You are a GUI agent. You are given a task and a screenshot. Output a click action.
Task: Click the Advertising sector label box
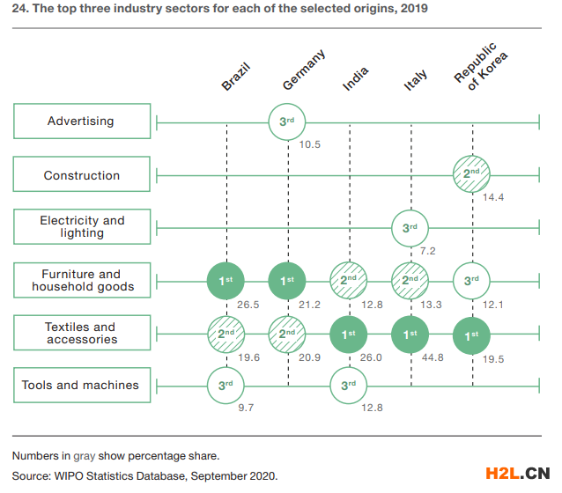[x=81, y=121]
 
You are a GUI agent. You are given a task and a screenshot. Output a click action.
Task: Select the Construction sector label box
[x=81, y=175]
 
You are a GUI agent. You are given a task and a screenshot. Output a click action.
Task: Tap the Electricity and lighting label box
[x=81, y=226]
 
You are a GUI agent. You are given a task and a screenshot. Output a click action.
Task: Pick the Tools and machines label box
[x=81, y=385]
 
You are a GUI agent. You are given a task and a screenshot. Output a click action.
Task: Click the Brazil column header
[x=235, y=77]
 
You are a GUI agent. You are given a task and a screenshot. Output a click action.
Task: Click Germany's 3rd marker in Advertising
[x=287, y=121]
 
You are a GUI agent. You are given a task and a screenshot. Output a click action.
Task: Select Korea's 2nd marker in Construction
[x=472, y=174]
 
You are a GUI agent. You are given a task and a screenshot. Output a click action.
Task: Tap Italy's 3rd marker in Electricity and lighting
[x=410, y=227]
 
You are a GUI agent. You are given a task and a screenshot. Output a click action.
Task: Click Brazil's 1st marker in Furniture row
[x=226, y=280]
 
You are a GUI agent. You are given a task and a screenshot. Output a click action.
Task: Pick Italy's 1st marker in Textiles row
[x=410, y=334]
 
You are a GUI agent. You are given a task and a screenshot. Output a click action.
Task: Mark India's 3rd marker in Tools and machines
[x=349, y=385]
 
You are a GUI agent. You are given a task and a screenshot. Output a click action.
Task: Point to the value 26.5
[x=248, y=304]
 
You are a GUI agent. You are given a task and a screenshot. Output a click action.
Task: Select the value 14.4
[x=493, y=198]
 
